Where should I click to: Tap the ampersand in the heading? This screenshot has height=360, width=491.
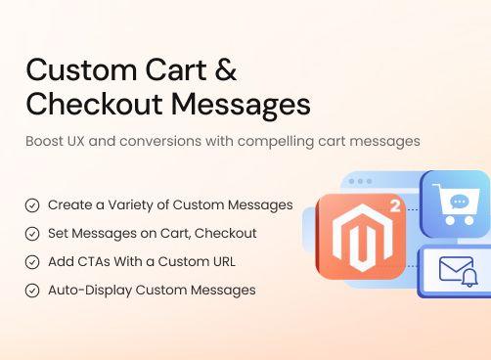(224, 70)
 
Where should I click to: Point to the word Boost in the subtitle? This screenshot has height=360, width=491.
(44, 141)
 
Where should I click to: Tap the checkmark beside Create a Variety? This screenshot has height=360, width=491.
(32, 205)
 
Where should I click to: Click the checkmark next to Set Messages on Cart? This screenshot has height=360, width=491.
(32, 234)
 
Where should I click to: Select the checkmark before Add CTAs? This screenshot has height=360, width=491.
(32, 262)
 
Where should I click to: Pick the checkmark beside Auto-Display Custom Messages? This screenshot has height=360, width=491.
(32, 291)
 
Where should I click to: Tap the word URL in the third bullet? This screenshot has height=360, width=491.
(221, 262)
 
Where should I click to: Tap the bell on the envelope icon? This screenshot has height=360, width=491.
(470, 279)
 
